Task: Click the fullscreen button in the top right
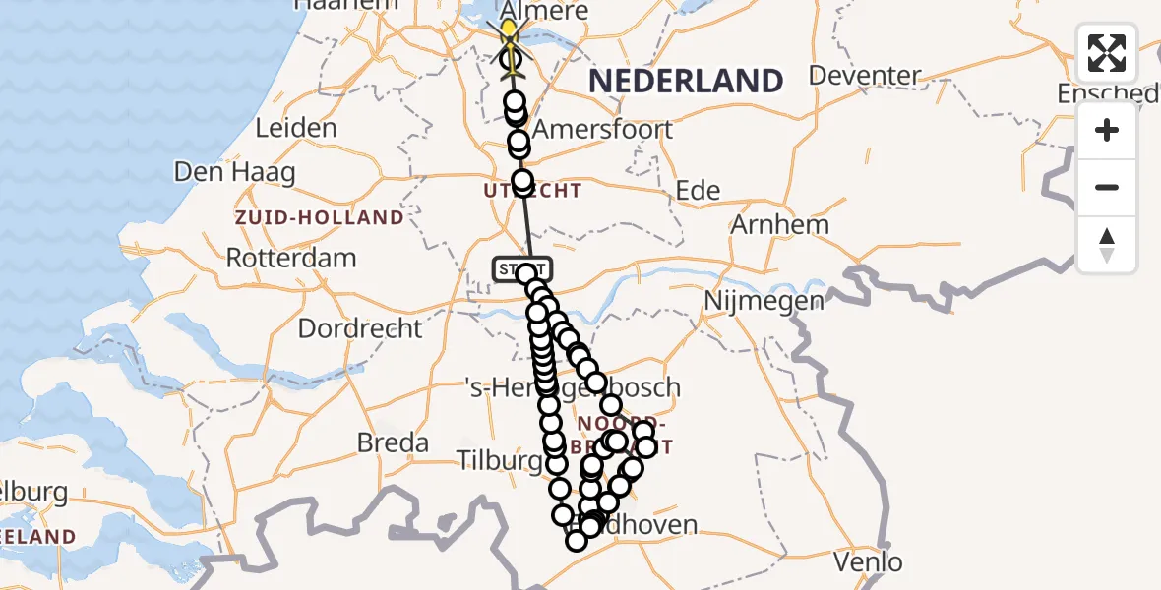[1107, 53]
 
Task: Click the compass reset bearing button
[1107, 245]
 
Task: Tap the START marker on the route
[522, 268]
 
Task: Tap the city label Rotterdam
[291, 259]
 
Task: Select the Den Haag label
[234, 172]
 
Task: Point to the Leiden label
[295, 128]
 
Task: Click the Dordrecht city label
[360, 328]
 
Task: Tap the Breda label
[393, 443]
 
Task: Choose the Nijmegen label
[764, 301]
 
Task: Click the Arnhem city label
[779, 224]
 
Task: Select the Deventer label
[865, 76]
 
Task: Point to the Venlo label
[867, 562]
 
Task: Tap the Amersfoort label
[602, 129]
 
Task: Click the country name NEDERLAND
[686, 82]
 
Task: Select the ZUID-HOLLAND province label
[319, 217]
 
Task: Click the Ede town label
[699, 191]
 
